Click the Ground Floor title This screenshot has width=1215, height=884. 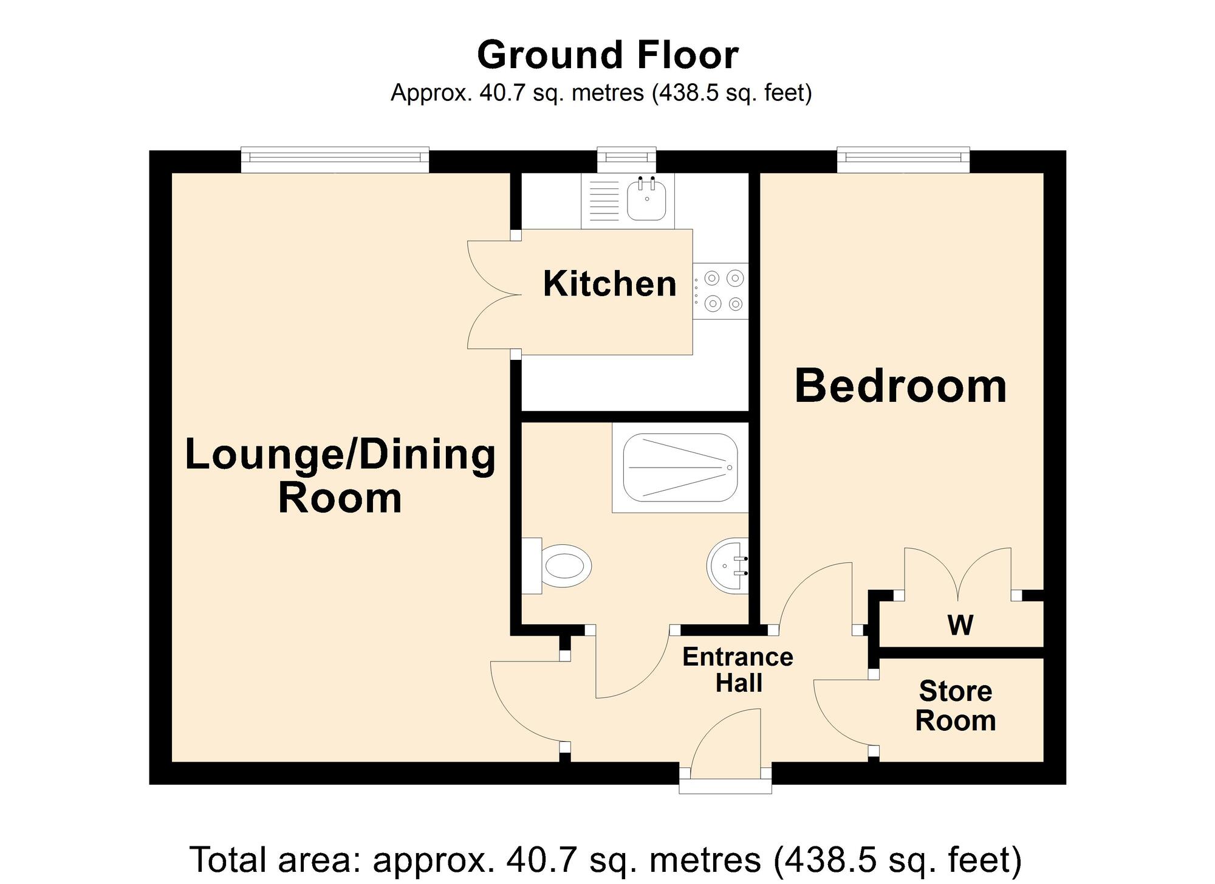pyautogui.click(x=607, y=55)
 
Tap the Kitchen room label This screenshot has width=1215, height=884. pyautogui.click(x=609, y=284)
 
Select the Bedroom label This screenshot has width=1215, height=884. pyautogui.click(x=900, y=386)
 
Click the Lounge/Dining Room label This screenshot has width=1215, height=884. pyautogui.click(x=340, y=476)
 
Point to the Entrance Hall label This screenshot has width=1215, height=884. pyautogui.click(x=738, y=670)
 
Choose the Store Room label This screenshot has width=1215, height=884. pyautogui.click(x=956, y=706)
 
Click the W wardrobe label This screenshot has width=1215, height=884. pyautogui.click(x=960, y=625)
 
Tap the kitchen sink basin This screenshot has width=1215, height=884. pyautogui.click(x=647, y=199)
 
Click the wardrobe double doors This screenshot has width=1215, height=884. pyautogui.click(x=958, y=571)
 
